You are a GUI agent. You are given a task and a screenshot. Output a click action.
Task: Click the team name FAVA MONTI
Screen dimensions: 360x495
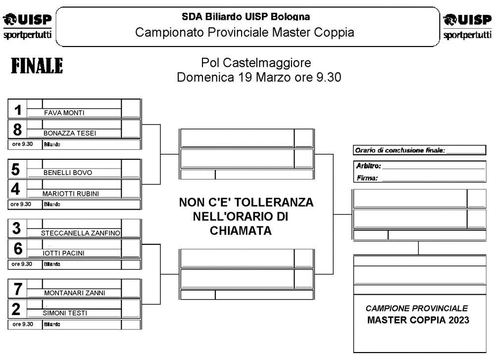[64, 113]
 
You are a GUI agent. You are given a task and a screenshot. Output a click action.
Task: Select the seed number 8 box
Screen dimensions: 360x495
[17, 129]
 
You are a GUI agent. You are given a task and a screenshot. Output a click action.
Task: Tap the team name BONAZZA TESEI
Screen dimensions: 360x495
[70, 133]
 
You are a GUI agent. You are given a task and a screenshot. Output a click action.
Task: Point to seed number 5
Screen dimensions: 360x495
[16, 170]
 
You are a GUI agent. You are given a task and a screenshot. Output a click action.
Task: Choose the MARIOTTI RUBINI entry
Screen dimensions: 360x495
[70, 193]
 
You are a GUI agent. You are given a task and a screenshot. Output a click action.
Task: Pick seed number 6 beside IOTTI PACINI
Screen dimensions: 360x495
[18, 249]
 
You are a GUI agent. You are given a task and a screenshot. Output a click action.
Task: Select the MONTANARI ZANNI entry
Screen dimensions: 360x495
[75, 293]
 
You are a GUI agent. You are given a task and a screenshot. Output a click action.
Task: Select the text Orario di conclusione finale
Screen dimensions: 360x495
[400, 150]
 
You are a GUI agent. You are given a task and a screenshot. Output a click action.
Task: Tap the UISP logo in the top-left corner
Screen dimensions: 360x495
[29, 26]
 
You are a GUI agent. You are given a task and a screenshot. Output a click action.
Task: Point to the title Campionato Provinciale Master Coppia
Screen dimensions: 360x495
[245, 33]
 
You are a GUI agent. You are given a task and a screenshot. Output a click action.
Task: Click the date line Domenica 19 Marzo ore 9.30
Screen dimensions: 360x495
[259, 78]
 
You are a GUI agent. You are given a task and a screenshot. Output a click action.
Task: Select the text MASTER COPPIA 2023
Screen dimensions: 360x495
[418, 320]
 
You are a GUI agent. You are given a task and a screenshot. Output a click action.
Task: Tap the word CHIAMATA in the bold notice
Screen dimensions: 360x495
[240, 230]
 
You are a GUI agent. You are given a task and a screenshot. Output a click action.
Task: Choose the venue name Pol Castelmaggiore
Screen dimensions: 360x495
[256, 63]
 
